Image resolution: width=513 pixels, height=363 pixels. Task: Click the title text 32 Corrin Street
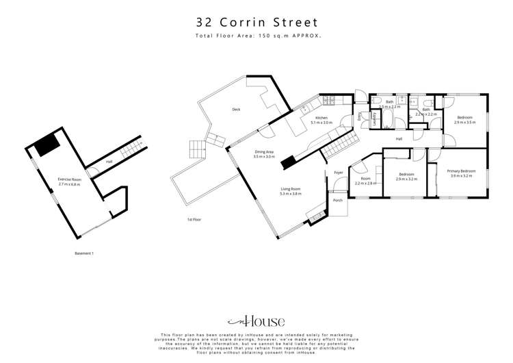click(x=256, y=21)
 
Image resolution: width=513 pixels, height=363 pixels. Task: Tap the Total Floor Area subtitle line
click(x=256, y=35)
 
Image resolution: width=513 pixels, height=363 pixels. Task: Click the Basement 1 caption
click(x=84, y=253)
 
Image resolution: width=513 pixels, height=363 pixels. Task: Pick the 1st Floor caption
click(x=196, y=220)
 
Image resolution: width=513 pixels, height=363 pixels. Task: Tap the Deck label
click(x=236, y=110)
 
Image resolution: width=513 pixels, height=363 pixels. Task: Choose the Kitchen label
click(x=322, y=118)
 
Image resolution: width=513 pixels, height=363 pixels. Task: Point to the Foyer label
click(x=337, y=172)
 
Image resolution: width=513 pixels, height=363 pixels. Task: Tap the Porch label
click(x=337, y=201)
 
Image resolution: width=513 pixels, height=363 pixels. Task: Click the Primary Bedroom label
click(x=461, y=171)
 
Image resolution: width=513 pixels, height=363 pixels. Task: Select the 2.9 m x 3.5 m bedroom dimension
click(x=464, y=123)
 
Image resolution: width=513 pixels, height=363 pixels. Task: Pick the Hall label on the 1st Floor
click(x=398, y=139)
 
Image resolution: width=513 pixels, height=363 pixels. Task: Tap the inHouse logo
click(x=256, y=320)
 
